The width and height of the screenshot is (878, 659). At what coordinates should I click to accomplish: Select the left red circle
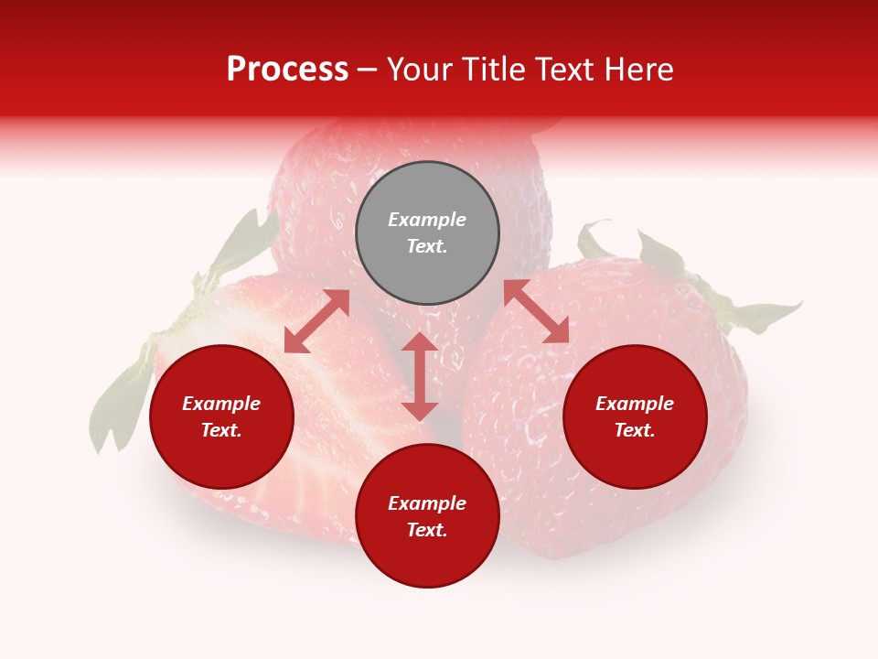(x=221, y=416)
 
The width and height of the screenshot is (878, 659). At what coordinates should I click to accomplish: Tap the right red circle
(x=635, y=416)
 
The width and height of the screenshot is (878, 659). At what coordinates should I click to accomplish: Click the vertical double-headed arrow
(x=420, y=376)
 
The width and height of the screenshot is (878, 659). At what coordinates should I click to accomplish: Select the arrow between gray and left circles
(x=317, y=321)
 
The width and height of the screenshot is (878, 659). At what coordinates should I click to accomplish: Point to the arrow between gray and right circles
(x=536, y=311)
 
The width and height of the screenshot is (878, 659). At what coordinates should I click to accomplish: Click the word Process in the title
(x=287, y=70)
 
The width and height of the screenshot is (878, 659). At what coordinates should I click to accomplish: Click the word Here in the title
(x=639, y=70)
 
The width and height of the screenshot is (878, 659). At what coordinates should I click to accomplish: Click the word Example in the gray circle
(x=427, y=220)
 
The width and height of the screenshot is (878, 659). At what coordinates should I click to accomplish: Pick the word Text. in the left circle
(x=221, y=430)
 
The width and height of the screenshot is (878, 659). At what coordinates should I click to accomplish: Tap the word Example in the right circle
(x=635, y=404)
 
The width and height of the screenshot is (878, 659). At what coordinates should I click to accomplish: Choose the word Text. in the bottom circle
(x=427, y=530)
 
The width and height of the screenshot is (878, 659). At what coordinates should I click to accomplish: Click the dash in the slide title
(x=368, y=70)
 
